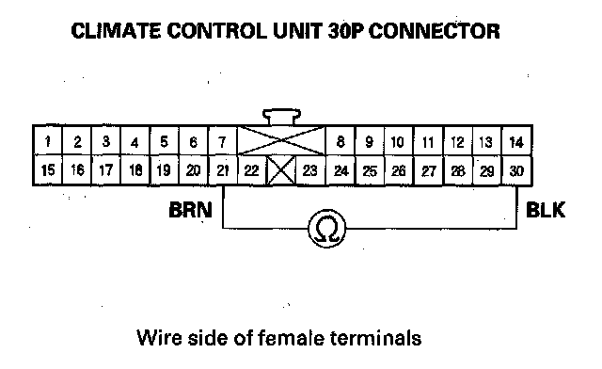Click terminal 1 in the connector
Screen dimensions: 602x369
[48, 141]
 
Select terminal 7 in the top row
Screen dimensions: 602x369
[222, 141]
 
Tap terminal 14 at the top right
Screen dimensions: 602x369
[516, 141]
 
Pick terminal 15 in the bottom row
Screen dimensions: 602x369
[48, 169]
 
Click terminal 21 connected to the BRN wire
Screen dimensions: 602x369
[222, 169]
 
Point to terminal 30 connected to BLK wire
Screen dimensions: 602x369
[516, 169]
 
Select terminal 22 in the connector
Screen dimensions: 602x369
[252, 169]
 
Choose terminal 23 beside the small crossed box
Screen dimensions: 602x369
[310, 169]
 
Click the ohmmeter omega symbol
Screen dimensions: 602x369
[327, 229]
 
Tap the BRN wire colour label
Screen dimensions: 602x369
[190, 210]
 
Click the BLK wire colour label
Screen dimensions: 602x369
[546, 210]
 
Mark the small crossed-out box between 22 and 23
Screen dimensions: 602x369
[281, 169]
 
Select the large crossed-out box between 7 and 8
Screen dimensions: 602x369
[281, 141]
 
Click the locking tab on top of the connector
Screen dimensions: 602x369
[281, 117]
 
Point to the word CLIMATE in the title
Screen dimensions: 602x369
[116, 31]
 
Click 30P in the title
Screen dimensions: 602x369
[345, 31]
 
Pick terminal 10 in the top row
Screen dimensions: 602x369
[398, 141]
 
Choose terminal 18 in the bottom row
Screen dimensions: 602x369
[135, 169]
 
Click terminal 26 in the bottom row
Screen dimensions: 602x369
[399, 169]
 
